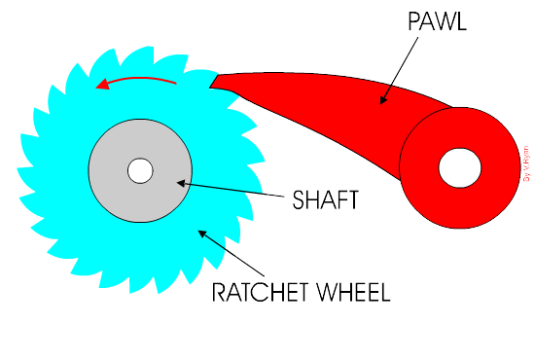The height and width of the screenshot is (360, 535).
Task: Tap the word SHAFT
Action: click(x=325, y=201)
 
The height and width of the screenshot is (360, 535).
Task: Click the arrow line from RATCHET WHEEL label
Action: click(x=234, y=253)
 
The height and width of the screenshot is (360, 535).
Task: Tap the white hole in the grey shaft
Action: click(x=140, y=170)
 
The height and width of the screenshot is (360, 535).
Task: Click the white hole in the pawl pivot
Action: click(x=459, y=168)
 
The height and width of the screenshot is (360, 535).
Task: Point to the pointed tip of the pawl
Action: click(x=212, y=84)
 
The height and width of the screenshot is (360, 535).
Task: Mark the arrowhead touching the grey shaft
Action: click(x=182, y=182)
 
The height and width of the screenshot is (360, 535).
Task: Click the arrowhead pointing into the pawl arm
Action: click(x=384, y=98)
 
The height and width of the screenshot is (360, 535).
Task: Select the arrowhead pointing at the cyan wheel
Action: click(x=202, y=232)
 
